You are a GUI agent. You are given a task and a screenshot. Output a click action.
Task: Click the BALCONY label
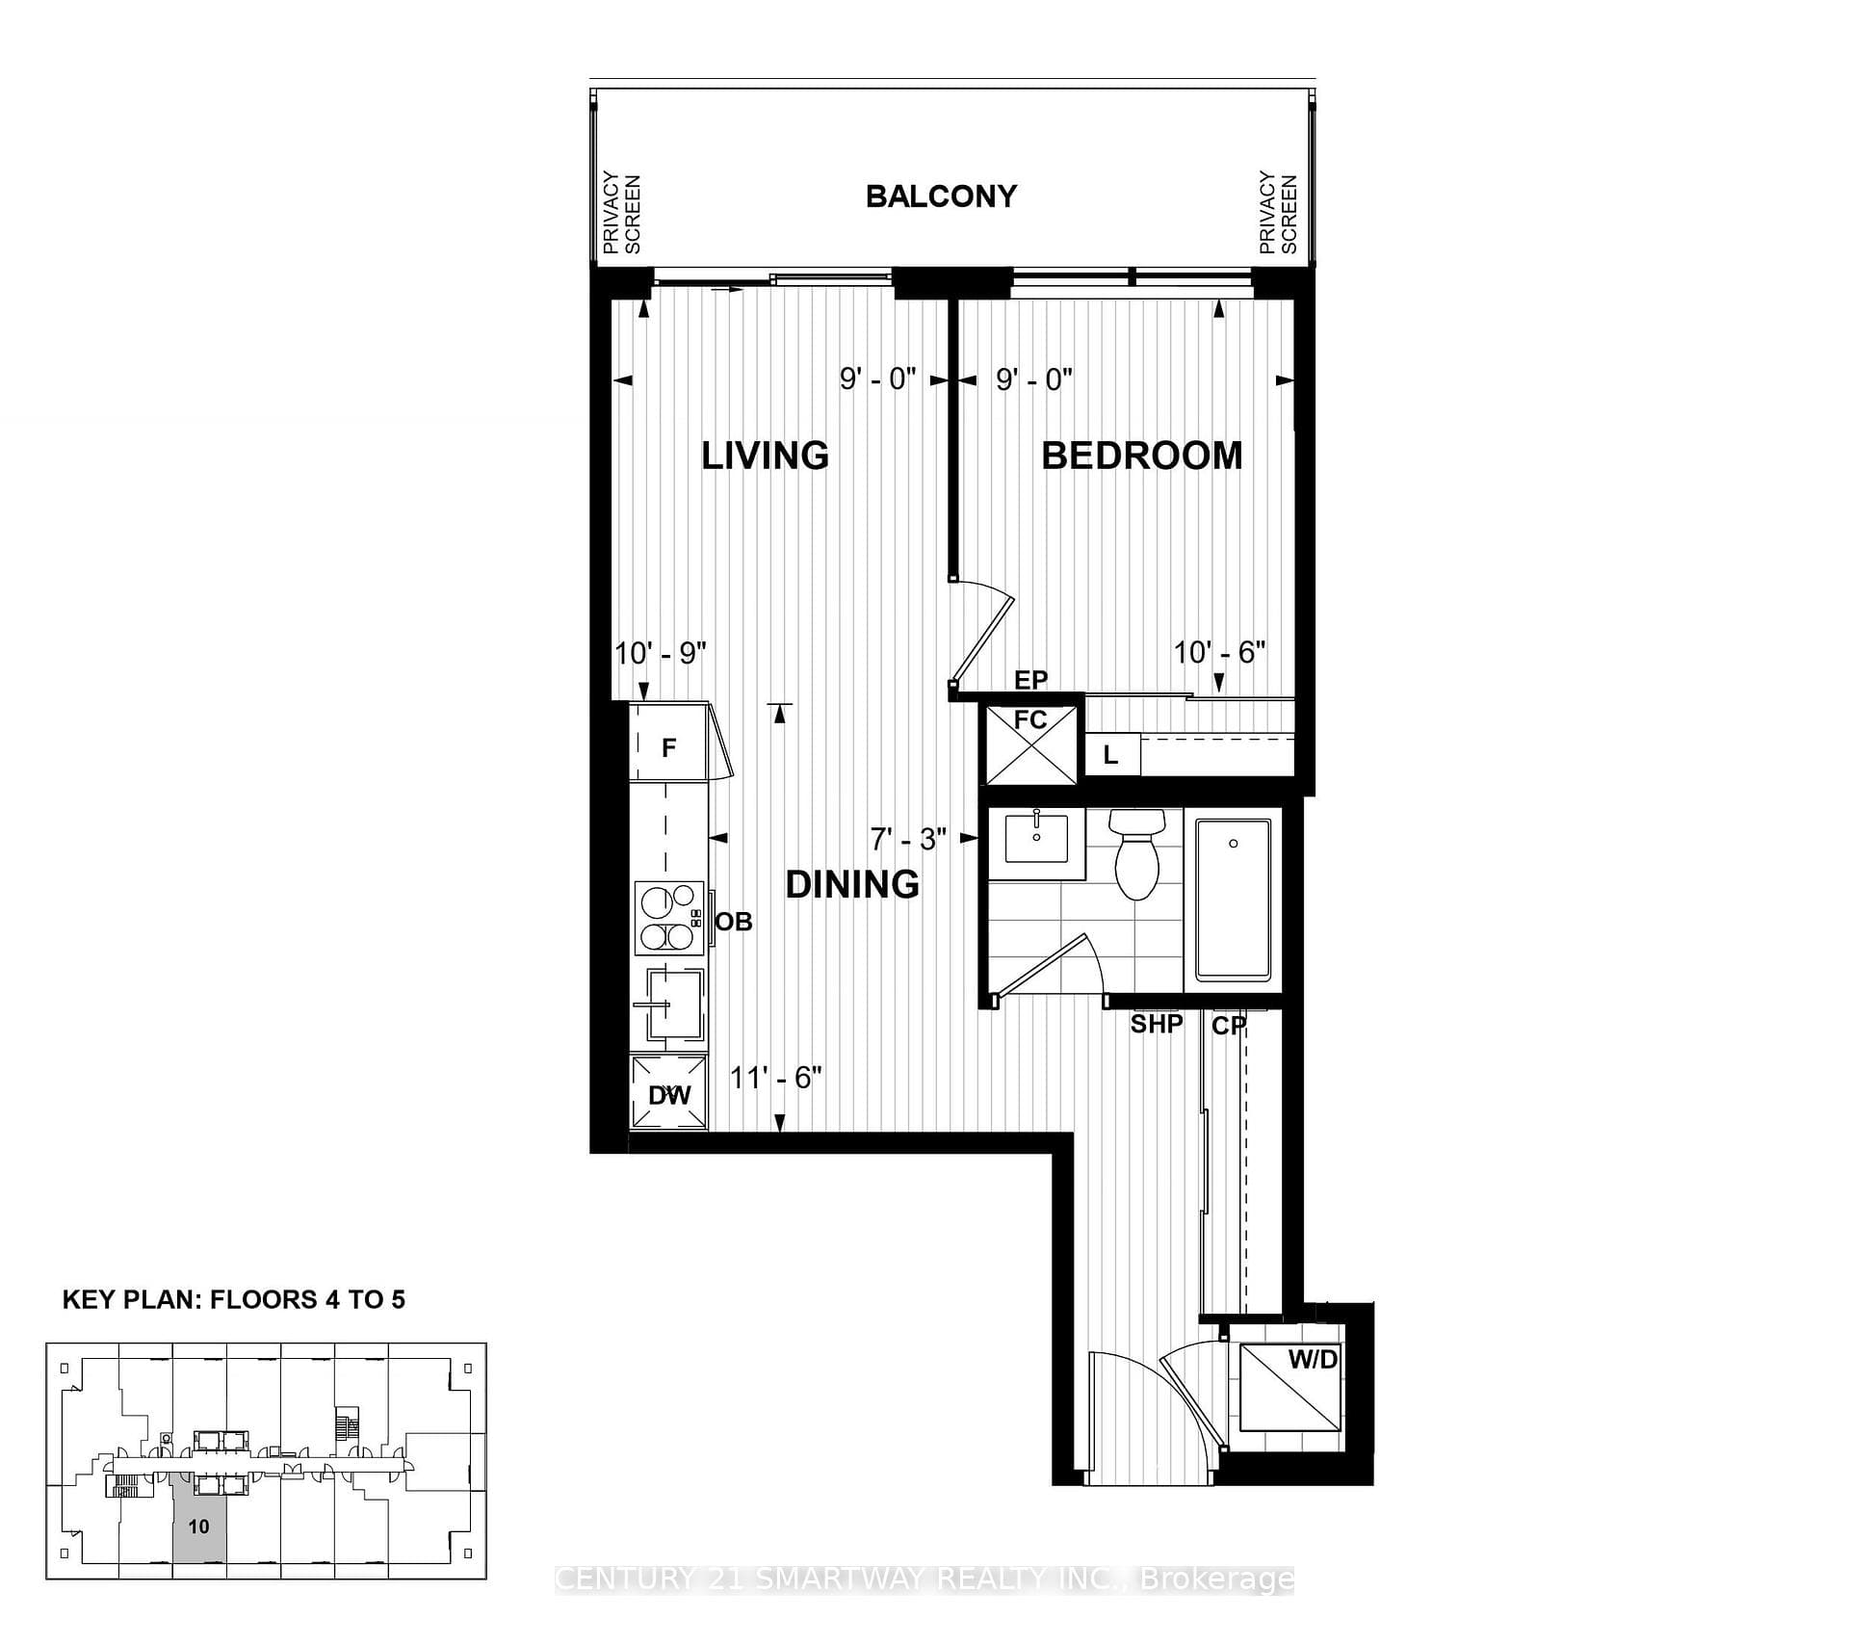point(941,196)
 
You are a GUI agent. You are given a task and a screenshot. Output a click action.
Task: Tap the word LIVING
point(765,456)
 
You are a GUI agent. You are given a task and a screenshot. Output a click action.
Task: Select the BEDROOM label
point(1142,456)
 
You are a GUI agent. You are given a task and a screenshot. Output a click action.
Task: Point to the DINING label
point(852,884)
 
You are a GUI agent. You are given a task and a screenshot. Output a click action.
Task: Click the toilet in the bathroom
point(1136,853)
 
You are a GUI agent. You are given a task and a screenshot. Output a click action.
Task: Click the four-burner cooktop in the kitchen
point(669,918)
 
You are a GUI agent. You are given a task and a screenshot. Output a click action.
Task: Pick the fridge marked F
point(669,745)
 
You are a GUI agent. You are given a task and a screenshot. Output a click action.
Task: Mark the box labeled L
point(1112,755)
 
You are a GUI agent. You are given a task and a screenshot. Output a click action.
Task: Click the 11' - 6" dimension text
point(775,1078)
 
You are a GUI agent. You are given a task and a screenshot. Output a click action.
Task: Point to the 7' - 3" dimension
point(908,840)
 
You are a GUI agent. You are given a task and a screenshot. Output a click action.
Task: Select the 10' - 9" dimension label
point(661,654)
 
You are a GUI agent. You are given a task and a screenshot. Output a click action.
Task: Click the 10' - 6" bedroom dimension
point(1219,653)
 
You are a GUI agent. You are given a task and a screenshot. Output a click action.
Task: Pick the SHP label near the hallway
point(1157,1024)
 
